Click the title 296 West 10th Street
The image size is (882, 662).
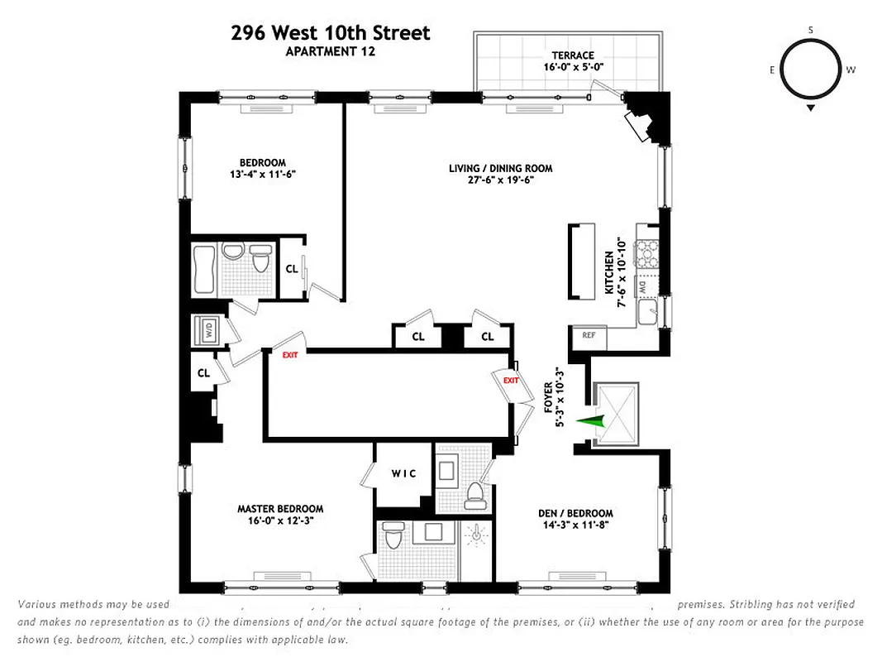(x=331, y=33)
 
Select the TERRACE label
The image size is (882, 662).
(x=568, y=55)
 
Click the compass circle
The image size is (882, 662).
(x=810, y=70)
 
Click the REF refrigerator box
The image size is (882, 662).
(x=589, y=335)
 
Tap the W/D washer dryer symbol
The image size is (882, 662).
(x=205, y=331)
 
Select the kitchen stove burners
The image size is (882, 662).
(x=646, y=252)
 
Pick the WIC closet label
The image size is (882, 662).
(x=403, y=473)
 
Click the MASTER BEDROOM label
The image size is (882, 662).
(x=280, y=509)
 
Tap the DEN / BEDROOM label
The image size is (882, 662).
(x=575, y=513)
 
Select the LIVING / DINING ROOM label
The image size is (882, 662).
(x=500, y=169)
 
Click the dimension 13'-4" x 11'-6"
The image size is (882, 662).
(x=263, y=174)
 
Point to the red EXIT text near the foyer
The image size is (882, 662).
(x=510, y=381)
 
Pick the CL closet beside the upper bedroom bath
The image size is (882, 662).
(x=292, y=268)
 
